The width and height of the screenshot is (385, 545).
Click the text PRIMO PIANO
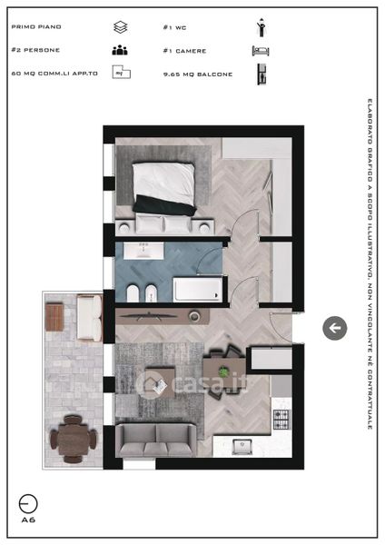[x=36, y=26]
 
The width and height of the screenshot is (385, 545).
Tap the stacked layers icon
[x=120, y=27]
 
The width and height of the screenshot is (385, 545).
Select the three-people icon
[x=120, y=50]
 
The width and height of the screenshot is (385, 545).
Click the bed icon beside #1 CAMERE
[x=261, y=51]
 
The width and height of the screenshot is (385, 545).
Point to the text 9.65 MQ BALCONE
[x=198, y=74]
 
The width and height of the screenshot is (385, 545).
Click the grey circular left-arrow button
[x=335, y=328]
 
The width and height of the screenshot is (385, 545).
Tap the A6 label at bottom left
[x=28, y=520]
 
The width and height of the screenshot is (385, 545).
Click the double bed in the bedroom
[x=163, y=188]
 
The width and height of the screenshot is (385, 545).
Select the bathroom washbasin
[x=143, y=251]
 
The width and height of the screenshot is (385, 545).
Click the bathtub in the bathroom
[x=198, y=289]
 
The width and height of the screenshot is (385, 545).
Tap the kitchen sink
[x=242, y=447]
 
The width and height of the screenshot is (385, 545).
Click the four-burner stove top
[x=281, y=420]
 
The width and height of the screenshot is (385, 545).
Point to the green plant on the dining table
[x=224, y=372]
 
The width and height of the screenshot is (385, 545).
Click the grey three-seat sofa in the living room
[x=156, y=440]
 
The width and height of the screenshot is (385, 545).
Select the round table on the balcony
[x=73, y=439]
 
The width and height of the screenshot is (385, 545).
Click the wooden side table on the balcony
[x=54, y=317]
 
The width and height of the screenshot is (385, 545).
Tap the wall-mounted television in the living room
[x=148, y=316]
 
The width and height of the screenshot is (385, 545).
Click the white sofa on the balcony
[x=89, y=317]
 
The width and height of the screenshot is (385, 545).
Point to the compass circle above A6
[x=28, y=503]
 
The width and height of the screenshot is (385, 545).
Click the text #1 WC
[x=174, y=27]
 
